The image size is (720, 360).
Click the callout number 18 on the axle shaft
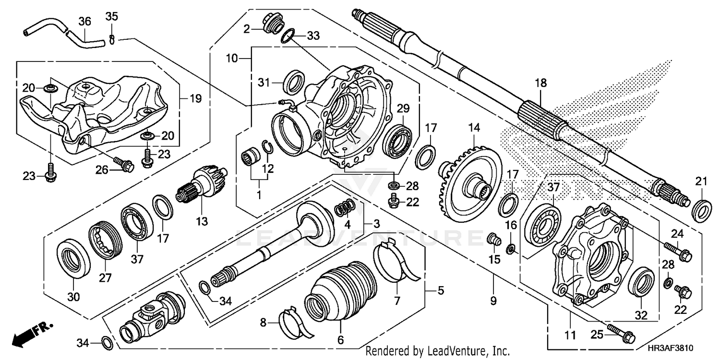[x=541, y=83]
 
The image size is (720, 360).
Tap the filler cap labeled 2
[x=272, y=24]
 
